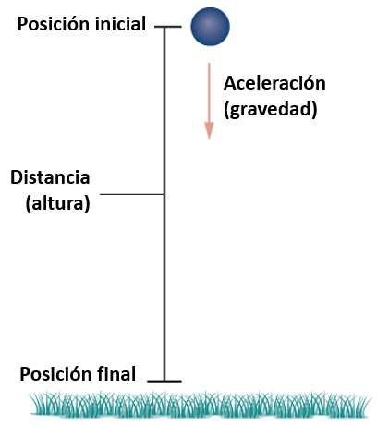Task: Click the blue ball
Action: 210,27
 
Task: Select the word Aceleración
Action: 274,83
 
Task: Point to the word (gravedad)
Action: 271,109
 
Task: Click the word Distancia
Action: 50,177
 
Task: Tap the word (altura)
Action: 57,203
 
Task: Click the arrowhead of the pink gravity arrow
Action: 209,131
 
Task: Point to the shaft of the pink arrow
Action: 209,92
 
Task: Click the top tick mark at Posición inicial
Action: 168,27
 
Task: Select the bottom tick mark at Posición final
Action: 164,382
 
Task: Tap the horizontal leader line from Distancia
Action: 131,194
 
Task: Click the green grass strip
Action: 201,405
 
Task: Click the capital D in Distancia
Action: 17,177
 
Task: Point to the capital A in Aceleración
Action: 230,83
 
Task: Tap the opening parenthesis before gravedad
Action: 226,110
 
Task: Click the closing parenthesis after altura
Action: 87,204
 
